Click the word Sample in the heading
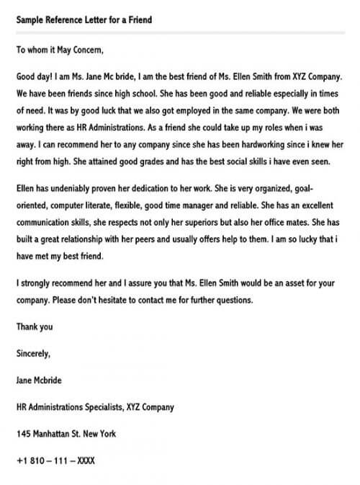pos(30,19)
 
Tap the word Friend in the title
pos(137,19)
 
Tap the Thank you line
pos(35,326)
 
